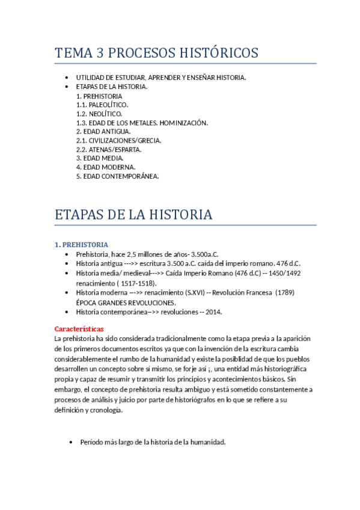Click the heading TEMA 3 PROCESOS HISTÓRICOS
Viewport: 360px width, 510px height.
[x=156, y=53]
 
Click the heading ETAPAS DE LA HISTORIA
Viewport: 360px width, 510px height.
[x=133, y=214]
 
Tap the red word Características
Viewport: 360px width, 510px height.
[x=79, y=329]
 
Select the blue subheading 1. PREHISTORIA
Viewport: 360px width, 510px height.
[x=81, y=245]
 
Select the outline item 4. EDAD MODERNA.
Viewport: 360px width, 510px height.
[x=106, y=167]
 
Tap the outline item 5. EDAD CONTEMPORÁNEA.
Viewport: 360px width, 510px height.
[x=118, y=176]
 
